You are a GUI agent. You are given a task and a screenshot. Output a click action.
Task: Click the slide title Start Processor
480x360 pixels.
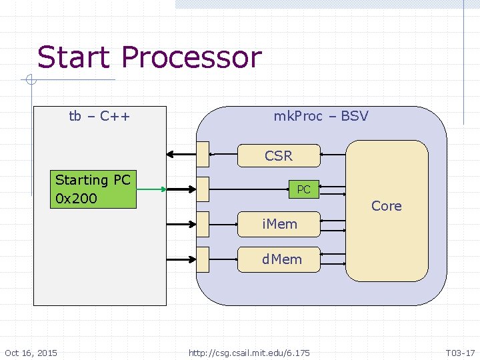[149, 57]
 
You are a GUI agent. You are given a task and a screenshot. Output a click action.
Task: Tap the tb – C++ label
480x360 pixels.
[99, 117]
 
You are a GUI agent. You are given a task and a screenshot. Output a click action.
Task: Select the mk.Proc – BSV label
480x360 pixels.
[321, 117]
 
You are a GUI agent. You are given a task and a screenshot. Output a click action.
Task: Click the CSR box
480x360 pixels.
[279, 155]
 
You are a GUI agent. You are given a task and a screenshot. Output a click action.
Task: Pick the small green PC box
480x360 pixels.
[303, 189]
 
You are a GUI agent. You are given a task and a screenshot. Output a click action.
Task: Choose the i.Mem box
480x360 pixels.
[279, 223]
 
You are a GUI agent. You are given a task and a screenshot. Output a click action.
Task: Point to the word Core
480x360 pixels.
[387, 206]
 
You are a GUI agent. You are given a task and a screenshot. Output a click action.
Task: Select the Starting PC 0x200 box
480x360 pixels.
[94, 189]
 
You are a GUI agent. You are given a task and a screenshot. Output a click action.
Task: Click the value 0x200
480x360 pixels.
[76, 199]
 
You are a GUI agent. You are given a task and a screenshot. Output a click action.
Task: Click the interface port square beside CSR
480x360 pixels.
[203, 154]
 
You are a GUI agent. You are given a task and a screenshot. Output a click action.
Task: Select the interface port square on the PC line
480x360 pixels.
[203, 189]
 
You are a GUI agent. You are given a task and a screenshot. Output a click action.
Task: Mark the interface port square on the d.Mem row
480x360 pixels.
[203, 259]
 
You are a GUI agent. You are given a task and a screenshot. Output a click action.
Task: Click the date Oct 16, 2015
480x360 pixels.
[31, 353]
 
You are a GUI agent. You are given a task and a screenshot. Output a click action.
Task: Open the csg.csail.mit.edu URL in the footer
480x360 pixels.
[249, 353]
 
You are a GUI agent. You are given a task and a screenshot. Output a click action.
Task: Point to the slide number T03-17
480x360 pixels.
[461, 353]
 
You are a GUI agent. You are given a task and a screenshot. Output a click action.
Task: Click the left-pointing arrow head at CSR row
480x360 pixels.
[171, 154]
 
